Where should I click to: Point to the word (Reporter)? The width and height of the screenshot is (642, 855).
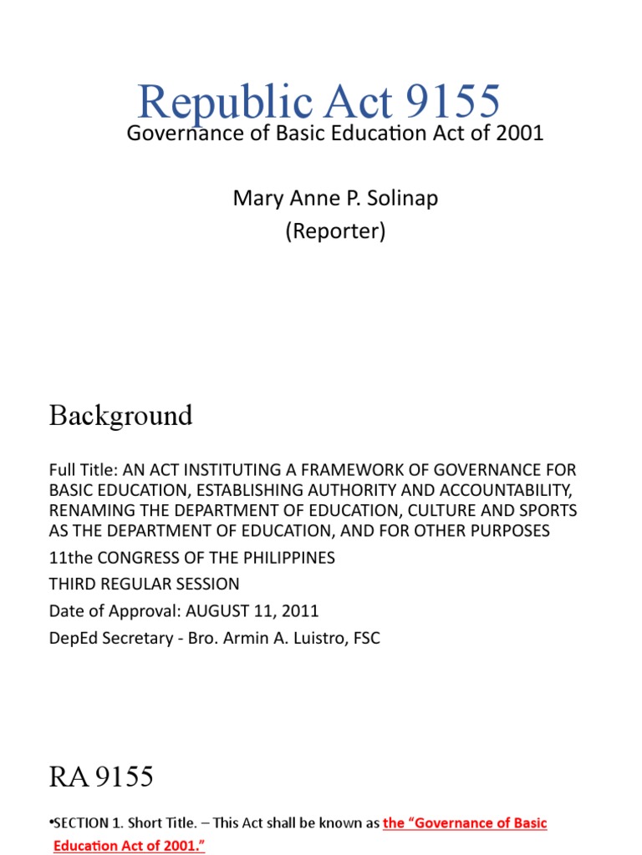tap(335, 231)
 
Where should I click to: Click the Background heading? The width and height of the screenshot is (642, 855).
tap(120, 415)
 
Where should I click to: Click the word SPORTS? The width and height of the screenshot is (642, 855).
tap(548, 510)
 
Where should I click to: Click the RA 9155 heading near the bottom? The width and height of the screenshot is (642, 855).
tap(101, 777)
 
